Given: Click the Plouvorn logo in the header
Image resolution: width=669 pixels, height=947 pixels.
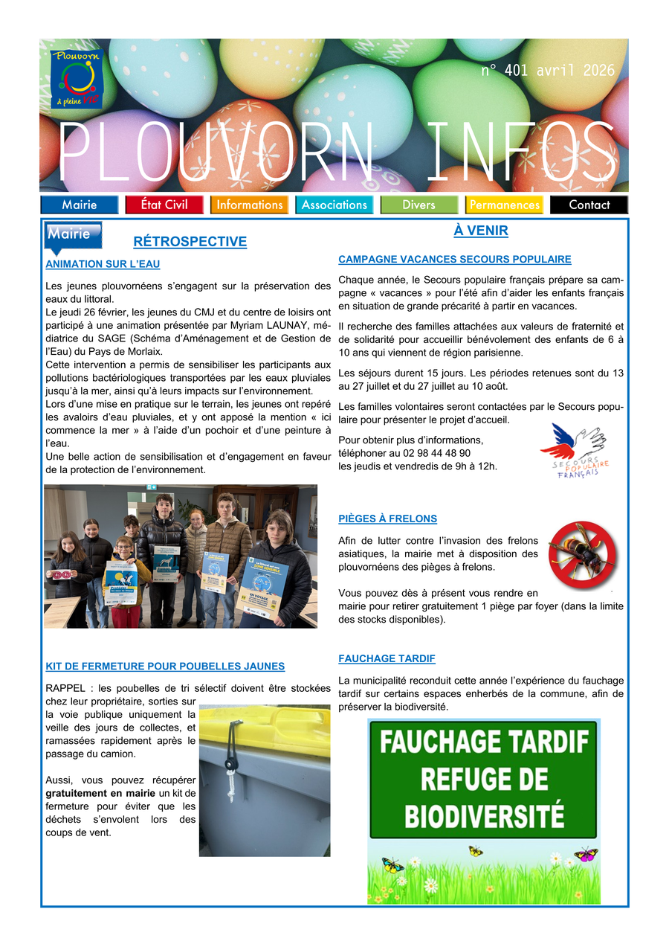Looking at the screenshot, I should (77, 78).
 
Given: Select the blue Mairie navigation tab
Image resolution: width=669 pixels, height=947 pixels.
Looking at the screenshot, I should (80, 205).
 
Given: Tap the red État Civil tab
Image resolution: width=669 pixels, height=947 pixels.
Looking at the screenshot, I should (164, 205).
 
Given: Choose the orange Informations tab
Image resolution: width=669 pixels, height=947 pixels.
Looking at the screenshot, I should (250, 205).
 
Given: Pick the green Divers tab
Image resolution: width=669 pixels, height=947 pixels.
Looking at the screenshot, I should (419, 205).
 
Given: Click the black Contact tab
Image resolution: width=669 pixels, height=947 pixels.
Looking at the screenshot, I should (589, 205).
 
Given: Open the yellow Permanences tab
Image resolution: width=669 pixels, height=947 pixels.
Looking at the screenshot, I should (505, 205).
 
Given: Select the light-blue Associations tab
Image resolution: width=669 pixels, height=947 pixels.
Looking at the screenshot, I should (334, 205).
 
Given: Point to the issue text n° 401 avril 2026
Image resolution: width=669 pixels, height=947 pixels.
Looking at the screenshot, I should (548, 71).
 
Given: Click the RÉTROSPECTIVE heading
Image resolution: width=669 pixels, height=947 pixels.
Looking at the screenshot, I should (190, 242).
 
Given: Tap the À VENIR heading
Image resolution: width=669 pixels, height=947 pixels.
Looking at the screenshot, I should (481, 231).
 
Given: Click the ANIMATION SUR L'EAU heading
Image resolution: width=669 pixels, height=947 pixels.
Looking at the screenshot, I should (103, 264).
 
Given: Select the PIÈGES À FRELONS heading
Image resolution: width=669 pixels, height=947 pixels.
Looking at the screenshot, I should (387, 519).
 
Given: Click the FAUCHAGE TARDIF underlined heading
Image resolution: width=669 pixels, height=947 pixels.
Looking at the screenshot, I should (387, 659).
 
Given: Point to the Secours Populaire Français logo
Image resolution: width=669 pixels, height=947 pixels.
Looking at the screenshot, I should (574, 449).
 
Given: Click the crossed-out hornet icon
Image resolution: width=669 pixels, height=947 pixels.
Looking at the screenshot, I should (582, 555).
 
